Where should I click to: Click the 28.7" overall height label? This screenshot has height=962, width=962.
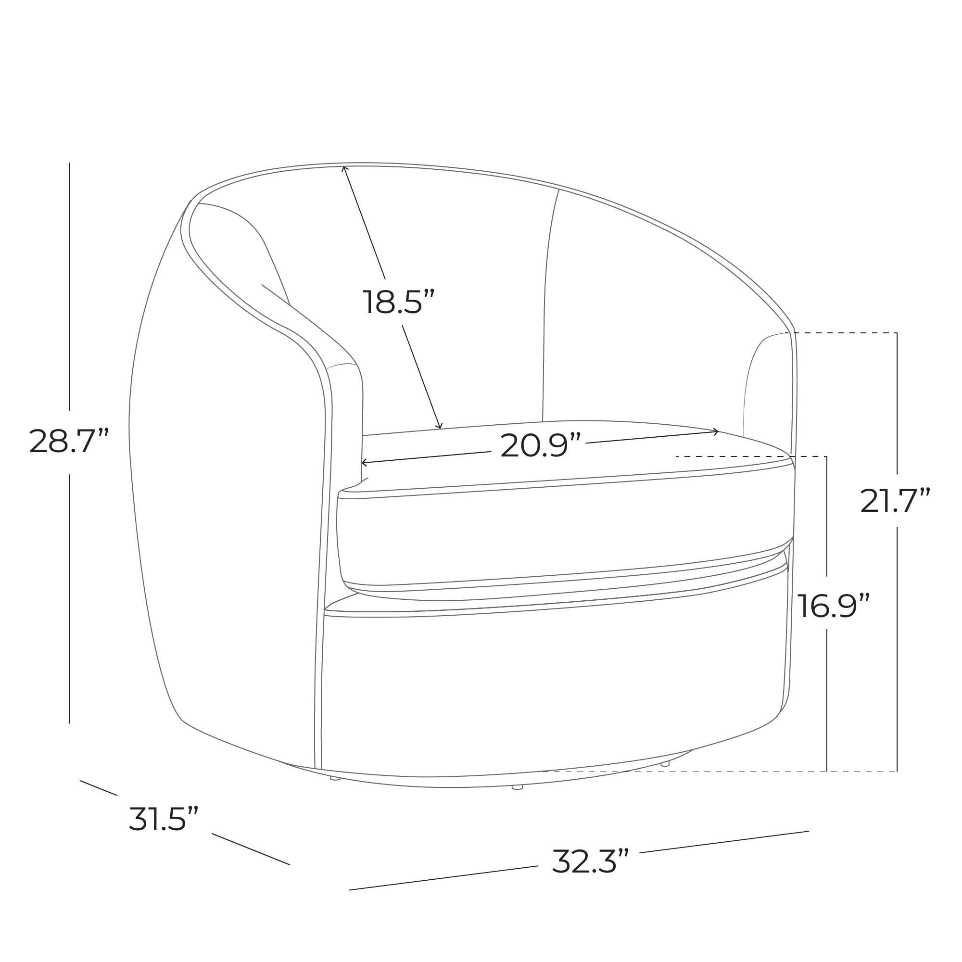[69, 441]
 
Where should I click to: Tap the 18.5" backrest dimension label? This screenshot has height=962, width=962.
[398, 302]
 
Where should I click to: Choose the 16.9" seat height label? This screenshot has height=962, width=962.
[833, 606]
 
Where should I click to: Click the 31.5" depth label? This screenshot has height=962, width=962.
[164, 819]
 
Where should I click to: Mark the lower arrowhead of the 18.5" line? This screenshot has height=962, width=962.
[439, 425]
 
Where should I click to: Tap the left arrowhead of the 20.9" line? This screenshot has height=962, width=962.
[364, 463]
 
